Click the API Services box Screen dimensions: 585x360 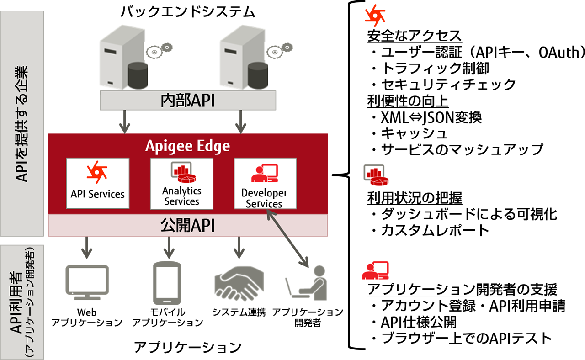click(98, 183)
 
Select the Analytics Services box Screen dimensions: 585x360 click(181, 183)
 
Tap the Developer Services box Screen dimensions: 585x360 click(266, 183)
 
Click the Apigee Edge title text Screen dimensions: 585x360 click(187, 146)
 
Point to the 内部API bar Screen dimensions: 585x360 click(188, 100)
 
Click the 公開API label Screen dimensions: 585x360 click(187, 225)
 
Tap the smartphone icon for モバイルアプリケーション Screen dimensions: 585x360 click(167, 283)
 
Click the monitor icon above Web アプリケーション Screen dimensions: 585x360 click(87, 282)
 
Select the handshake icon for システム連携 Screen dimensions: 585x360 click(239, 284)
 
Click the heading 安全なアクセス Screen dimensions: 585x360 click(415, 36)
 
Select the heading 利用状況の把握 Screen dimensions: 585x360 click(415, 198)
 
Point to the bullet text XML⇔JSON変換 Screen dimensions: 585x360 click(431, 117)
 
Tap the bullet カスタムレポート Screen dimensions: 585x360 click(435, 231)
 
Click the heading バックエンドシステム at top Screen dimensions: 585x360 click(188, 12)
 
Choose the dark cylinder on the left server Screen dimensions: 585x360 click(138, 75)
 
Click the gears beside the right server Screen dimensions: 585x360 click(279, 50)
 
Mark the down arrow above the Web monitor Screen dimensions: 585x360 click(87, 248)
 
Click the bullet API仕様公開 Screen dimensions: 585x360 click(418, 322)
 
